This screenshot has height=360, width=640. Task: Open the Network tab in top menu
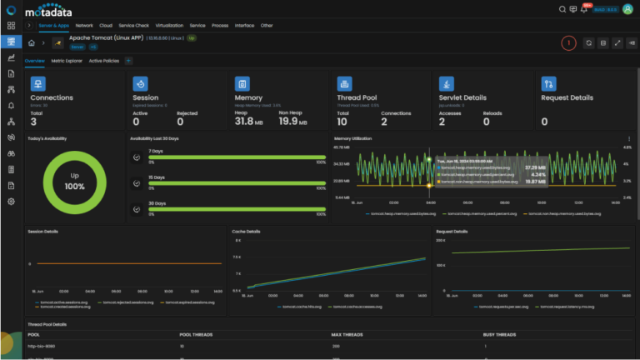tap(84, 26)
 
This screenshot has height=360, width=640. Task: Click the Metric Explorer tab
tap(67, 61)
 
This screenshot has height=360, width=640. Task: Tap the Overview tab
tap(34, 61)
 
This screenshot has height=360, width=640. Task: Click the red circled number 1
tap(568, 42)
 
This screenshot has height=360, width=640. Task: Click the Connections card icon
tap(37, 83)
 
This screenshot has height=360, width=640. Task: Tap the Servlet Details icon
tap(447, 83)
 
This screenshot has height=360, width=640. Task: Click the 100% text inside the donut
tap(74, 186)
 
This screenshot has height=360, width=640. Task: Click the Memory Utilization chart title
tap(353, 138)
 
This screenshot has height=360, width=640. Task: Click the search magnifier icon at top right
tap(562, 9)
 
